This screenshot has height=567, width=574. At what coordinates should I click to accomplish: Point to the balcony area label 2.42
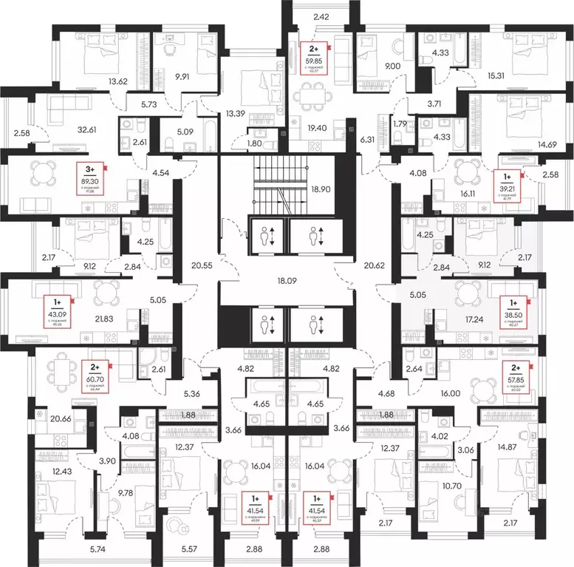321,16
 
